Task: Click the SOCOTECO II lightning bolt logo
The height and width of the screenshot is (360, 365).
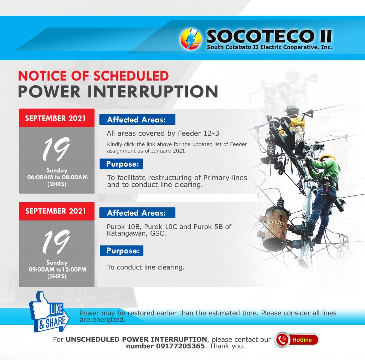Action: (191, 39)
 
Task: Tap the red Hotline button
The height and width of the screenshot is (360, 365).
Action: (297, 340)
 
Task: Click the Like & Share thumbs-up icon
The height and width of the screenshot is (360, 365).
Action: (49, 312)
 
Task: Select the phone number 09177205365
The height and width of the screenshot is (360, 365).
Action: (180, 346)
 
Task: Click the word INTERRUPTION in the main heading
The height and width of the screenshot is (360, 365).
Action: (153, 92)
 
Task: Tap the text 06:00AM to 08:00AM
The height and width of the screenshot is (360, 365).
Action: (57, 177)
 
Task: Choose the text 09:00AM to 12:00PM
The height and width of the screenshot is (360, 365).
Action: (57, 269)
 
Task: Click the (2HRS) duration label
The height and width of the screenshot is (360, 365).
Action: (57, 184)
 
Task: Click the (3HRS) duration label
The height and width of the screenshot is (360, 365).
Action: (57, 277)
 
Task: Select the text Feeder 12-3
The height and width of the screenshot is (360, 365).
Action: (198, 133)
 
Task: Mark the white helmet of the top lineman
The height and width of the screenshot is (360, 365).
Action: (292, 109)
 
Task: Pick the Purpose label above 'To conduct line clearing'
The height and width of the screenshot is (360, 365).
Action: (122, 251)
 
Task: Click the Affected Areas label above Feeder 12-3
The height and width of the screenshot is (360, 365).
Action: (137, 120)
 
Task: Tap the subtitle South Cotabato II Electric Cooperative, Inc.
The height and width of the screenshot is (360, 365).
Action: (269, 47)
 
